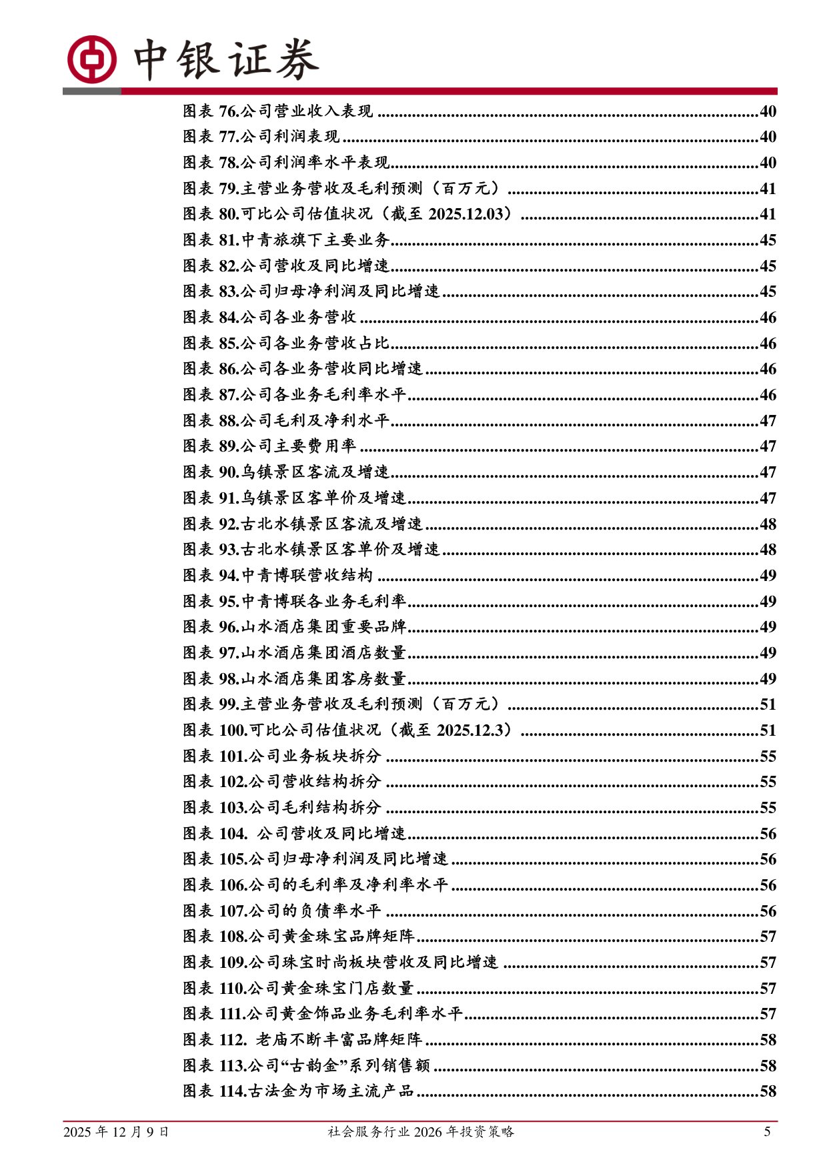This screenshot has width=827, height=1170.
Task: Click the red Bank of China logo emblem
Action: pyautogui.click(x=91, y=59)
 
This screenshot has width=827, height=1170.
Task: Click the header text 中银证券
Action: pyautogui.click(x=226, y=60)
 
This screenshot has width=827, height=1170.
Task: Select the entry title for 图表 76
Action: pyautogui.click(x=307, y=111)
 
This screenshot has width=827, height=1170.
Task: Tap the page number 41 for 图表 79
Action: pyautogui.click(x=768, y=189)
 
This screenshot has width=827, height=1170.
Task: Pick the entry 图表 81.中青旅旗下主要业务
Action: pyautogui.click(x=286, y=240)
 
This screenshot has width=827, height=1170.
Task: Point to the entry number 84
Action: pyautogui.click(x=228, y=318)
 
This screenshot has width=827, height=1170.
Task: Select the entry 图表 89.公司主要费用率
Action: pyautogui.click(x=269, y=446)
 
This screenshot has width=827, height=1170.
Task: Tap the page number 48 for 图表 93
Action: pyautogui.click(x=768, y=550)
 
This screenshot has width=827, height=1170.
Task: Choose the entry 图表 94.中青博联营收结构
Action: pyautogui.click(x=277, y=576)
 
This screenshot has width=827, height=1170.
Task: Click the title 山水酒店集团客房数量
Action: pyautogui.click(x=323, y=679)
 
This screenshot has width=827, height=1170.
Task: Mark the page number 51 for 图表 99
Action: pyautogui.click(x=768, y=704)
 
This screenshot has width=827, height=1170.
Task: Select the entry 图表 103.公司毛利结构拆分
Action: pyautogui.click(x=281, y=808)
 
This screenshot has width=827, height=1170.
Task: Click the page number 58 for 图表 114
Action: pyautogui.click(x=768, y=1092)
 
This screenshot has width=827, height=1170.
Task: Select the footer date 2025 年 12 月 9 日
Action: pyautogui.click(x=116, y=1132)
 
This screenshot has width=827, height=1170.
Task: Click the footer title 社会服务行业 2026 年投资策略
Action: pyautogui.click(x=421, y=1132)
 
